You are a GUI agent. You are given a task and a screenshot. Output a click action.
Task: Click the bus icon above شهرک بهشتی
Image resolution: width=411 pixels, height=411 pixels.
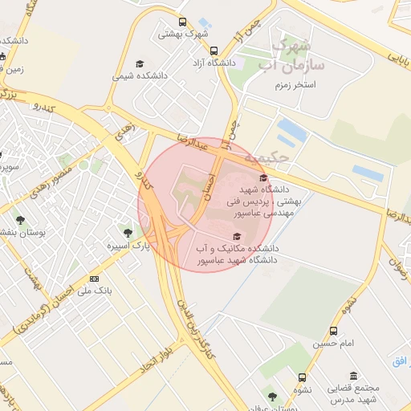point(183,22)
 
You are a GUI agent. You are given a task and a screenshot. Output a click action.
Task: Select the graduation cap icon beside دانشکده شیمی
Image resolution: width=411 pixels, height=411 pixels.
point(140,63)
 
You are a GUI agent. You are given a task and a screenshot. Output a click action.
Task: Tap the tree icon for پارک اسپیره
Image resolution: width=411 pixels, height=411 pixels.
point(128,233)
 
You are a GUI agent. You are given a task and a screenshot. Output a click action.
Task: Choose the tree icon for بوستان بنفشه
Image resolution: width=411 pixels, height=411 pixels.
point(20,219)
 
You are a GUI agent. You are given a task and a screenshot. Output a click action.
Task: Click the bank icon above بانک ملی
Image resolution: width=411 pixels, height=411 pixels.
point(95,279)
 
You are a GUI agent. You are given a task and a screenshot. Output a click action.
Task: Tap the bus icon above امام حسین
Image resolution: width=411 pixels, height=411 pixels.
point(333,331)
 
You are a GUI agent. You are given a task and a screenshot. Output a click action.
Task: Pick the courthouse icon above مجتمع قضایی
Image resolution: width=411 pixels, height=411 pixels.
point(354,375)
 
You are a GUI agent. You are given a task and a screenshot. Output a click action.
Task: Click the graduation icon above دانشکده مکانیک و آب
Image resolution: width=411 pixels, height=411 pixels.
point(236,235)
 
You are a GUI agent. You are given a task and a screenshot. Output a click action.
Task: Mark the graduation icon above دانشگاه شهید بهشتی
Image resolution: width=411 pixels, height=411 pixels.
point(263,178)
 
